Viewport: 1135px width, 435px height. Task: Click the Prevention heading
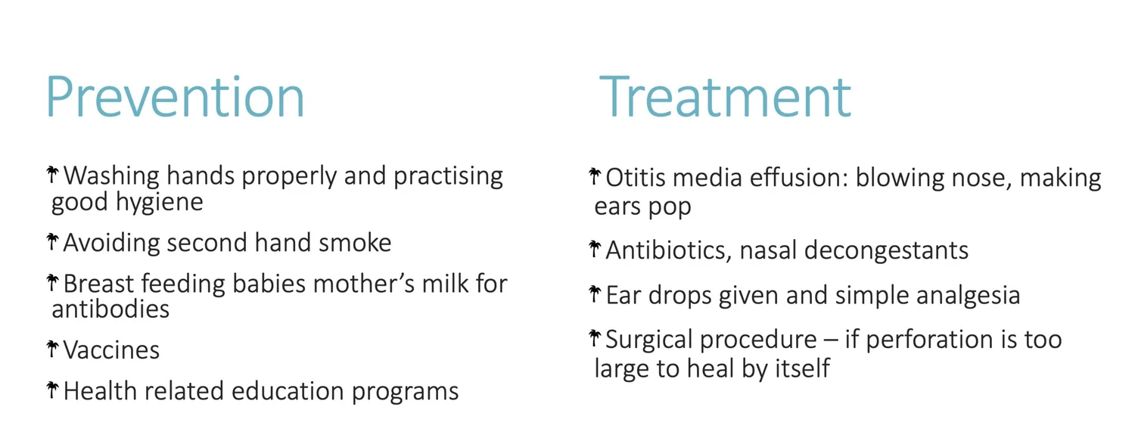(176, 96)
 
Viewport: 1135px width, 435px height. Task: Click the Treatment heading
(725, 96)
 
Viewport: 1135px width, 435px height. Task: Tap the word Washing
(111, 177)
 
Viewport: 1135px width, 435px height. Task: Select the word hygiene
(159, 203)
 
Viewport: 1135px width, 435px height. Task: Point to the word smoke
(355, 243)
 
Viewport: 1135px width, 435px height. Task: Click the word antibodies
(110, 309)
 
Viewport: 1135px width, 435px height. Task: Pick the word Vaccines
(111, 350)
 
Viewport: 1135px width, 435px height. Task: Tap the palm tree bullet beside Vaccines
(52, 349)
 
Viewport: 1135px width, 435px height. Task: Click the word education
(288, 391)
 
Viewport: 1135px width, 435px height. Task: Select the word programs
(405, 393)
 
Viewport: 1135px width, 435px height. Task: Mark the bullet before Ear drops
(595, 294)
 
